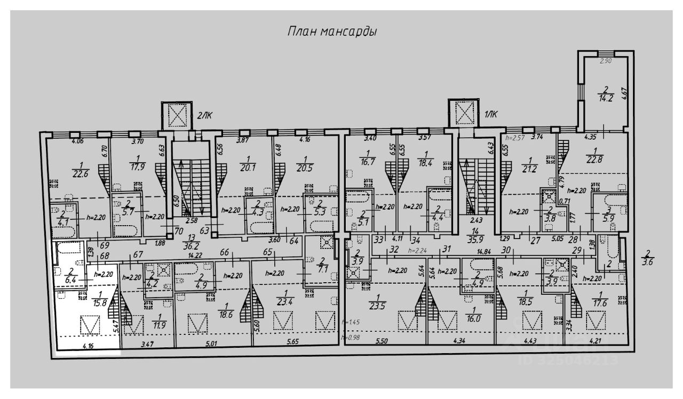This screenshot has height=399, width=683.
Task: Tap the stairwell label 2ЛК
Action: tap(206, 114)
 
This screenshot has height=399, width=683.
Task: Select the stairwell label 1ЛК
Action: tap(490, 113)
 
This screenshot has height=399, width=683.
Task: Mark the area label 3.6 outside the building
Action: tap(648, 261)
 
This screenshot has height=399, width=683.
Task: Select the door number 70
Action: tap(179, 231)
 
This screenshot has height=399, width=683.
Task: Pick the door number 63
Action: tap(204, 231)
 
